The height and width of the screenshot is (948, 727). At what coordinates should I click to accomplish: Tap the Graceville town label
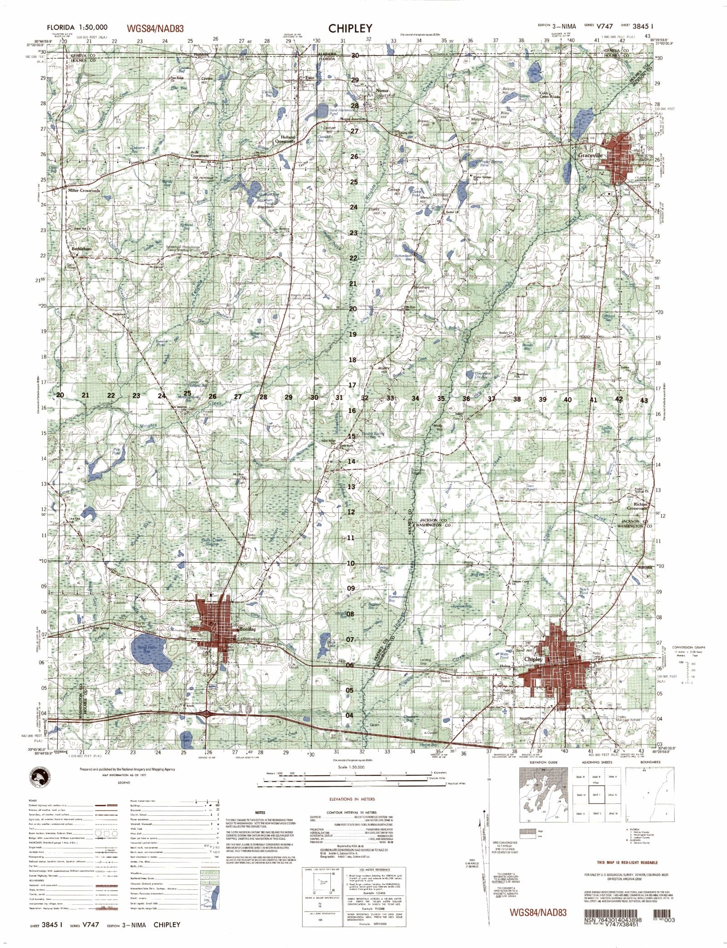point(590,155)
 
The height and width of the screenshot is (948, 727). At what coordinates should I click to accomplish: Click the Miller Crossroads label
point(84,190)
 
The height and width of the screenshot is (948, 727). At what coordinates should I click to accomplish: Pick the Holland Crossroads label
point(285,139)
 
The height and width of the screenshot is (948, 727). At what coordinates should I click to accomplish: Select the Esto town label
point(309,78)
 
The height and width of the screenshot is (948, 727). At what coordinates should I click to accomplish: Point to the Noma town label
point(382,90)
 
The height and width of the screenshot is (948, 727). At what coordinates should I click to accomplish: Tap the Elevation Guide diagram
point(543,793)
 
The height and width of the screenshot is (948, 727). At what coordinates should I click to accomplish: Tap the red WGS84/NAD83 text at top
point(155,29)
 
